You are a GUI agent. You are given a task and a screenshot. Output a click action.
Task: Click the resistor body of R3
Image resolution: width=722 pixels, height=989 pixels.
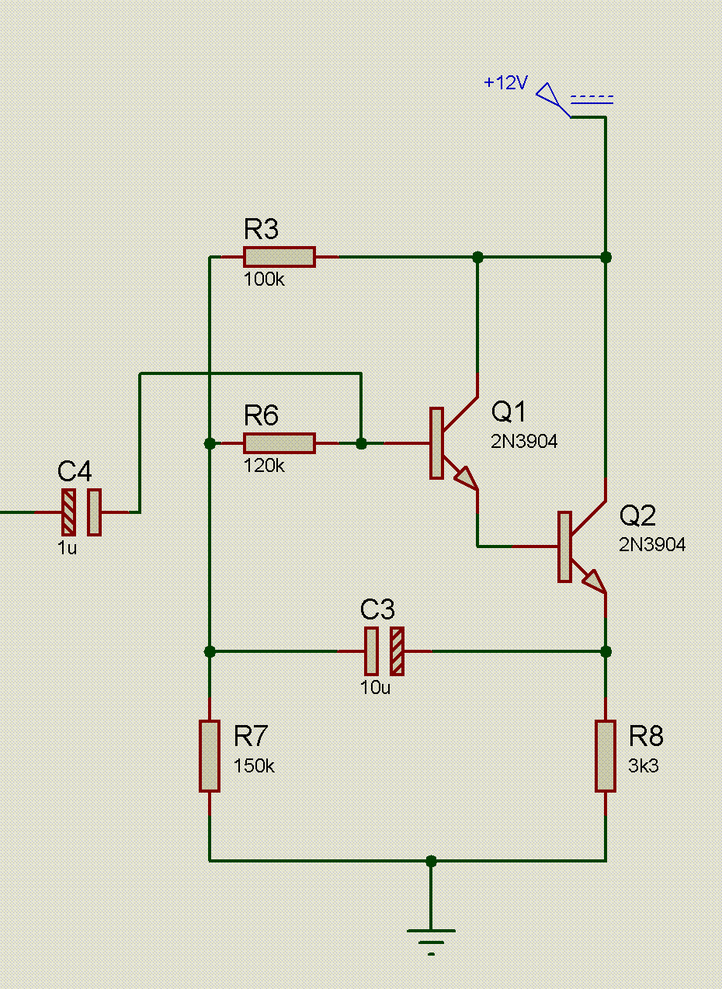279,257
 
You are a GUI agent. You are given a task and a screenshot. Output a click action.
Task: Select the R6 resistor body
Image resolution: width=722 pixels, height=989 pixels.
279,443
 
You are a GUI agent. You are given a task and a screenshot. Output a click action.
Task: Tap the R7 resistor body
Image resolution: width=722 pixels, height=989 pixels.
209,755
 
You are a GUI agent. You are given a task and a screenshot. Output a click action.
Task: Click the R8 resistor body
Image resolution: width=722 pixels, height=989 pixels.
606,755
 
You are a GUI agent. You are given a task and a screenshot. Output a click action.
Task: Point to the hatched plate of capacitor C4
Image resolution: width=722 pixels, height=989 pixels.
69,512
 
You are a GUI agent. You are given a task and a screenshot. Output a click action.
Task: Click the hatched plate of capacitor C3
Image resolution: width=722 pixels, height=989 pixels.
397,651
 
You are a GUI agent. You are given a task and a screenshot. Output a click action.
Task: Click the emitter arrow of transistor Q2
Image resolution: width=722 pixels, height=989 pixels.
594,580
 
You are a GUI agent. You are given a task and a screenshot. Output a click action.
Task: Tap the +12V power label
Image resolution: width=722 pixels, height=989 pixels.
505,83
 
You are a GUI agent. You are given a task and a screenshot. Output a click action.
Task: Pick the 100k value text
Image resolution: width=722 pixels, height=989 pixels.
264,279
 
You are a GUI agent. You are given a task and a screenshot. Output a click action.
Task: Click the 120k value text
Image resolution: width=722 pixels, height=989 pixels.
264,467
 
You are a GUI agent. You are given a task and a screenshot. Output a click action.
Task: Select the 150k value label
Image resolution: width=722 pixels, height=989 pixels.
254,766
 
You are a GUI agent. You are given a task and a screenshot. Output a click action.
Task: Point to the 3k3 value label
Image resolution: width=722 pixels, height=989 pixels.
644,766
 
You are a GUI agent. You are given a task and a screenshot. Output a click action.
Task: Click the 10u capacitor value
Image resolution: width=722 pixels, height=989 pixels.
375,687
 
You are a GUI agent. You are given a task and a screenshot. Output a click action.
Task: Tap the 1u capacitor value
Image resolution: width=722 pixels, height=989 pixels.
68,547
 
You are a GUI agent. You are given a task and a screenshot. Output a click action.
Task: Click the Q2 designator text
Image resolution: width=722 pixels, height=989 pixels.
638,515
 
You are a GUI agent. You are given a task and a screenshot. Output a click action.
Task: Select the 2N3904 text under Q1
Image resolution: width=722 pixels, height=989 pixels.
524,442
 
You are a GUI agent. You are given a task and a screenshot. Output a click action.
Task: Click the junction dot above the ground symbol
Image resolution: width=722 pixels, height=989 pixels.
432,861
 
